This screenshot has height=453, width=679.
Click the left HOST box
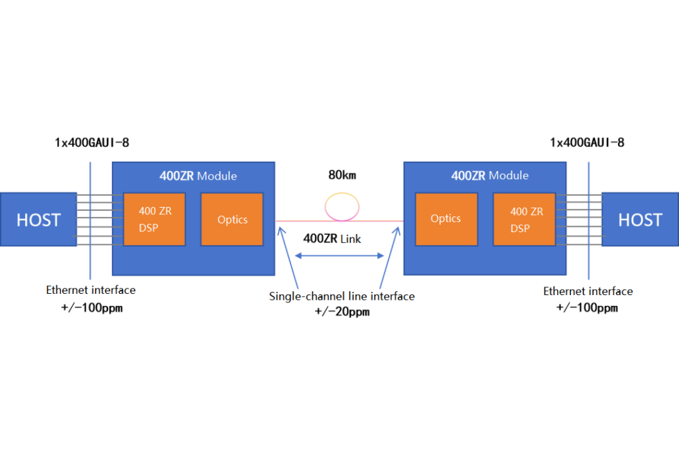[x=38, y=220]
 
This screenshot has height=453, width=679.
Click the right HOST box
[x=640, y=220]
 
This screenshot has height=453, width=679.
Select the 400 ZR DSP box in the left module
[x=155, y=219]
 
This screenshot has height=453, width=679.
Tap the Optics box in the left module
[x=232, y=219]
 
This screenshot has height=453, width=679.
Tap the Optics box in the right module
[x=446, y=219]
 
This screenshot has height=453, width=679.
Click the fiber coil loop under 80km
[x=339, y=207]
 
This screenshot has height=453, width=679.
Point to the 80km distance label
[x=341, y=176]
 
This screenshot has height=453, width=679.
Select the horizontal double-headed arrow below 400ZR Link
[x=339, y=255]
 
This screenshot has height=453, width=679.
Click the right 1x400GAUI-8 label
[x=587, y=143]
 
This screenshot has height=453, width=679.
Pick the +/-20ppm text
[x=341, y=311]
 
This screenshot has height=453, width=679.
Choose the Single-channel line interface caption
[x=341, y=296]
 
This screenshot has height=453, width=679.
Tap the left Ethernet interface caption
[x=91, y=290]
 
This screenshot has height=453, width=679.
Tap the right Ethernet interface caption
[x=588, y=291]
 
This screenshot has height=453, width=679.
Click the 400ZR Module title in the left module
[x=198, y=176]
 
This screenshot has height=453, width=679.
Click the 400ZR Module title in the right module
[x=490, y=176]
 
